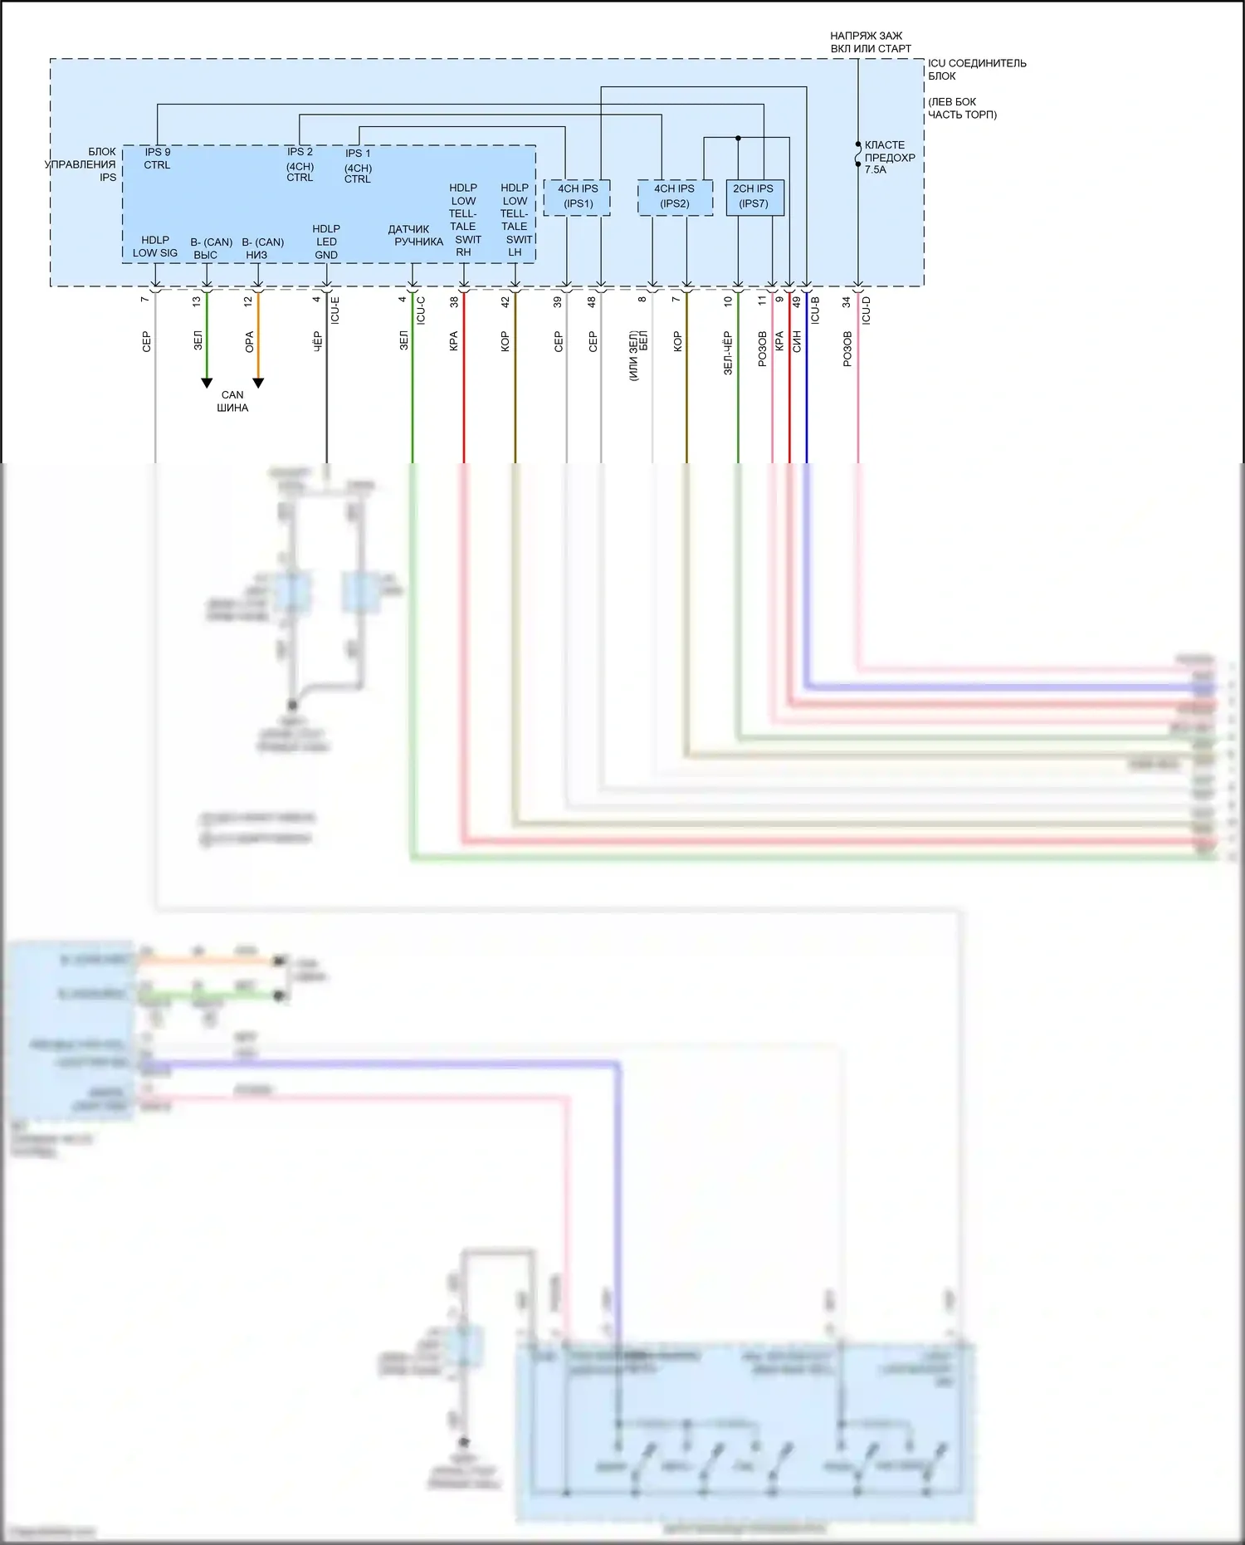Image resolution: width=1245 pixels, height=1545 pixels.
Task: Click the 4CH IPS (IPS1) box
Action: [x=577, y=197]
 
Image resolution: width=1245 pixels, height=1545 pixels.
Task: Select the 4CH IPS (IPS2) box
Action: [x=674, y=197]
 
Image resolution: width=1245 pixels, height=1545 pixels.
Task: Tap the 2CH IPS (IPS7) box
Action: [x=754, y=197]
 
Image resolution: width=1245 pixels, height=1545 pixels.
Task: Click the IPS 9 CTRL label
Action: [x=157, y=159]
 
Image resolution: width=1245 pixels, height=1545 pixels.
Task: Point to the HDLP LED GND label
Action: [x=326, y=242]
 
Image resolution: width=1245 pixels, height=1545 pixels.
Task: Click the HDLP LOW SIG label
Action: [x=155, y=247]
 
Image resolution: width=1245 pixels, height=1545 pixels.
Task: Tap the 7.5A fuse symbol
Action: [x=858, y=154]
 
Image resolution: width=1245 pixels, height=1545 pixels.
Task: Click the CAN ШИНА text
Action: [x=232, y=401]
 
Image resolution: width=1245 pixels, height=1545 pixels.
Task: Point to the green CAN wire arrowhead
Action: [x=207, y=383]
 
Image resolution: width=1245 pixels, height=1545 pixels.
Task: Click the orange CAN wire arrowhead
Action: [x=258, y=383]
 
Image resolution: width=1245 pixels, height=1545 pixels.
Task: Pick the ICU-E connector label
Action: [x=335, y=310]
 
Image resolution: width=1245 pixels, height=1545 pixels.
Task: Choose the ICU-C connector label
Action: [x=421, y=310]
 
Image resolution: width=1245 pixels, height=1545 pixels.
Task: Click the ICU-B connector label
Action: [x=815, y=310]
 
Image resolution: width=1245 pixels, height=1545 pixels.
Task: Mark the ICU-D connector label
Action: [x=867, y=310]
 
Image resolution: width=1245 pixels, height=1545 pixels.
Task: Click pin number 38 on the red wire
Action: [x=454, y=302]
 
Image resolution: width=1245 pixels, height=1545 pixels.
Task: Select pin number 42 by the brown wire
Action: [x=505, y=302]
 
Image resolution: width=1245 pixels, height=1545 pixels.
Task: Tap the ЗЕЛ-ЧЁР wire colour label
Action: [x=728, y=353]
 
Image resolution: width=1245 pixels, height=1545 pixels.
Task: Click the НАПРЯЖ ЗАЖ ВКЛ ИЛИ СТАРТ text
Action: [x=870, y=42]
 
